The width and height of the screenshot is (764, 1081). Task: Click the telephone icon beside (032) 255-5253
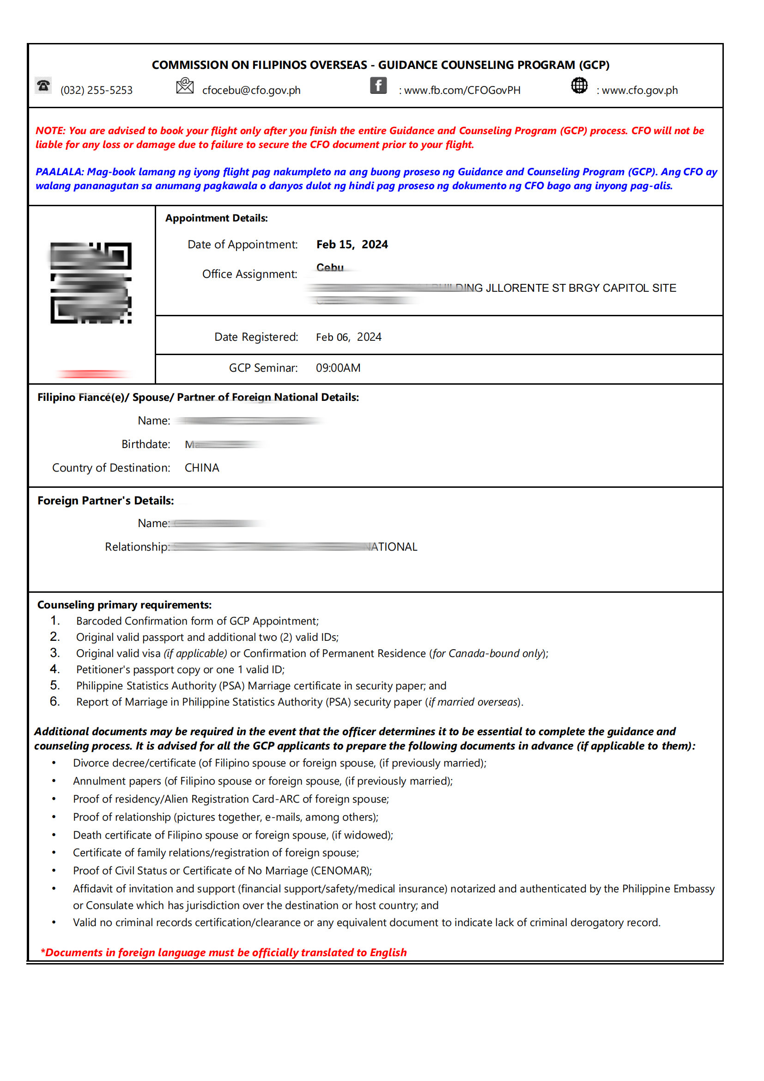pos(43,86)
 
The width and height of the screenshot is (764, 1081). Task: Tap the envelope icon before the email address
pos(184,86)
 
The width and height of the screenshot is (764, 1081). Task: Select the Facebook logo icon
pos(378,86)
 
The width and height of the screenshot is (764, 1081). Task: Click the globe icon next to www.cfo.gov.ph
pos(579,86)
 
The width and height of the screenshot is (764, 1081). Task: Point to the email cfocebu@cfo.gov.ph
pos(251,91)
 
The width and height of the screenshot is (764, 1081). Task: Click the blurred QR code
pos(91,283)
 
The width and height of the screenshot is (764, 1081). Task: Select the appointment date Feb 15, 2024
pos(352,244)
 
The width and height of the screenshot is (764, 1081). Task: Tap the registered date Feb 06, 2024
pos(348,337)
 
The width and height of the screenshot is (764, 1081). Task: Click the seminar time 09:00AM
pos(338,368)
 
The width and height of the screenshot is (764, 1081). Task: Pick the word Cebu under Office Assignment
pos(330,267)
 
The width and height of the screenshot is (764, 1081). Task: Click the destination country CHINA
pos(202,467)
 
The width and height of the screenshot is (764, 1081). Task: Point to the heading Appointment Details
pos(216,218)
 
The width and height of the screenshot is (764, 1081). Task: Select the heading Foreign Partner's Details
pos(105,500)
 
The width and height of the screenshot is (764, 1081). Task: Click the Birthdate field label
pos(146,444)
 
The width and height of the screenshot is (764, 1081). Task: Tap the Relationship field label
pos(137,547)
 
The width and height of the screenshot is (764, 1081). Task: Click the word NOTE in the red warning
pos(50,131)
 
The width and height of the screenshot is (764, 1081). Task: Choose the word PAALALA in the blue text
pos(59,172)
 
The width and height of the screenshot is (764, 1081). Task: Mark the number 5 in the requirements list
pos(55,685)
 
